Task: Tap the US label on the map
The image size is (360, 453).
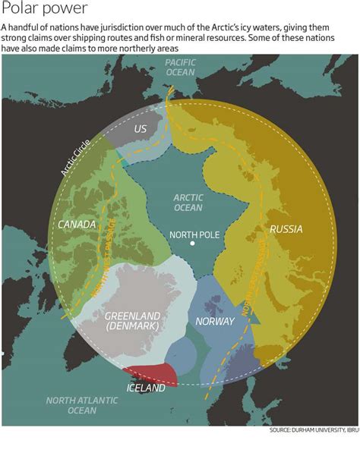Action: [141, 129]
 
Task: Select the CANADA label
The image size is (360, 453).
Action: [77, 225]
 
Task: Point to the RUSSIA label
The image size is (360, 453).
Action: [286, 229]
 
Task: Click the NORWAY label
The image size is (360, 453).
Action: [215, 321]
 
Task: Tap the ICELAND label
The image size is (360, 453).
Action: [146, 388]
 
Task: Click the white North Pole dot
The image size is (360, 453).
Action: [194, 244]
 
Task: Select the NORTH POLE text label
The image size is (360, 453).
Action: [194, 234]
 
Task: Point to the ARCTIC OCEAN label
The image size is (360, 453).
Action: [188, 202]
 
